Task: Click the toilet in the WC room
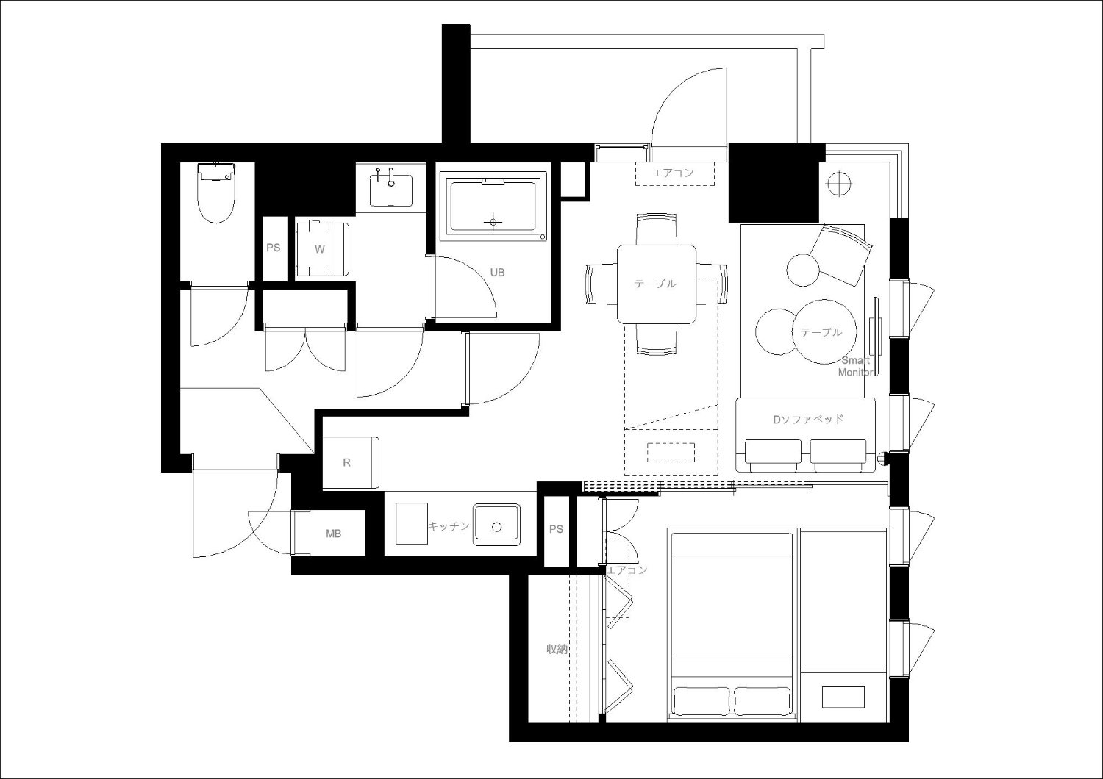coord(215,193)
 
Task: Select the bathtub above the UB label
coord(493,207)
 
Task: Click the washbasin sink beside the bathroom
coord(391,190)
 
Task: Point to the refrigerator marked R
coord(351,462)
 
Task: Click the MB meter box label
coord(333,534)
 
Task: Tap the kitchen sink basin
coord(496,525)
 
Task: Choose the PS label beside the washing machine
coord(274,248)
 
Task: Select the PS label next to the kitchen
coord(556,529)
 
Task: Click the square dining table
coord(657,284)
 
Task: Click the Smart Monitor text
coord(856,366)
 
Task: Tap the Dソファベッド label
coord(808,420)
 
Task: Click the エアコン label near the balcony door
coord(673,173)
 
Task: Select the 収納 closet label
coord(557,649)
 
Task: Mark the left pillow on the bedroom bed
coord(702,702)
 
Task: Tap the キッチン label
coord(449,525)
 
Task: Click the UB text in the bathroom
coord(497,272)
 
